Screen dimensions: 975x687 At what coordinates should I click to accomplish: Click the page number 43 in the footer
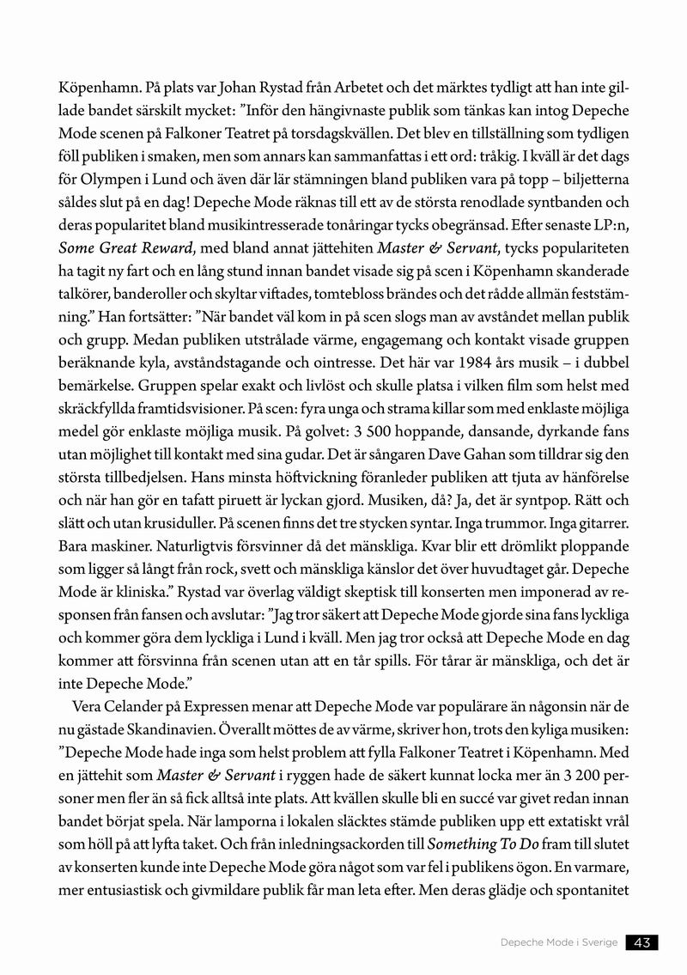point(641,942)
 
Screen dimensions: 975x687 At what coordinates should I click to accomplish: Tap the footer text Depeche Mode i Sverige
point(559,942)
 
